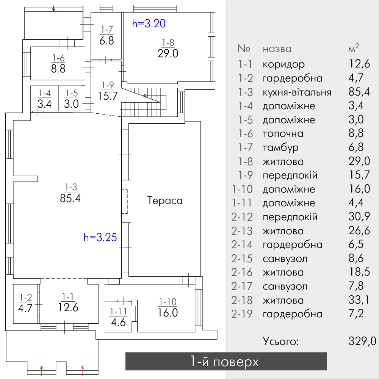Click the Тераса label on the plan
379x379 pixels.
164,200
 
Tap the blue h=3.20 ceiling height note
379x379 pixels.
149,23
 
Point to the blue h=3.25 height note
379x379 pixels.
100,237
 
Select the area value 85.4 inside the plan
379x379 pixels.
70,198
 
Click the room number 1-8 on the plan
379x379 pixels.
168,43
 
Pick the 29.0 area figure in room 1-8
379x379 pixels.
168,53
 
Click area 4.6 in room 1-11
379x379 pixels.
118,322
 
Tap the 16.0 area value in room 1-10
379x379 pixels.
168,313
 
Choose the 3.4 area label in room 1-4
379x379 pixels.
45,104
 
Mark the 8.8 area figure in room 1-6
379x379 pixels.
58,69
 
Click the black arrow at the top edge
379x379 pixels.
54,9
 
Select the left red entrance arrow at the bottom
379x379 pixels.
42,371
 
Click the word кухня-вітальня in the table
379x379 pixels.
297,92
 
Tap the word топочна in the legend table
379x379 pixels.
283,134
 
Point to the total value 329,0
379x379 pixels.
362,341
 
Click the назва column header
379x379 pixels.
277,49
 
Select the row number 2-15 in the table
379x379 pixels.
242,258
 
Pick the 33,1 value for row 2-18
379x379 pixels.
359,300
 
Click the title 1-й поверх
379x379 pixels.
224,362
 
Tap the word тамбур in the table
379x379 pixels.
280,148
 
